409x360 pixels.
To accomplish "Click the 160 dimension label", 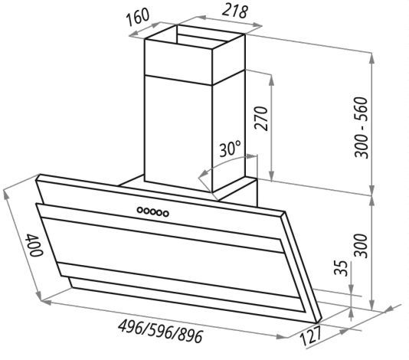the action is pyautogui.click(x=138, y=17).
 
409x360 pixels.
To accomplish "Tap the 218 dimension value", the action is pyautogui.click(x=235, y=11).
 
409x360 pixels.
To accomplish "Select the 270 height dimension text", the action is pyautogui.click(x=262, y=119).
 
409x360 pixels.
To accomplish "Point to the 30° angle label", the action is pyautogui.click(x=230, y=149).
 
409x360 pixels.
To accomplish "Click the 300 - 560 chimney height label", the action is pyautogui.click(x=362, y=128).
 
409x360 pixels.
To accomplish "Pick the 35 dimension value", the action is pyautogui.click(x=341, y=268).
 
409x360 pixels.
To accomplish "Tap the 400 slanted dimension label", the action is pyautogui.click(x=34, y=245).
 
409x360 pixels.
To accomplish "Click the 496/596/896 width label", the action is pyautogui.click(x=160, y=331).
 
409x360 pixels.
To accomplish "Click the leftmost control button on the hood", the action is pyautogui.click(x=140, y=210).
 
